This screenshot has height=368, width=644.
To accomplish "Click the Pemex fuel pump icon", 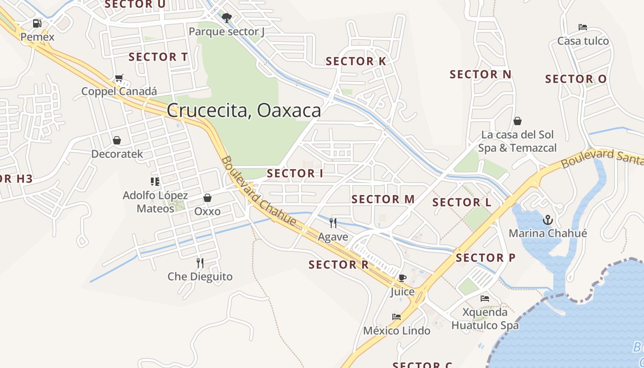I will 37,23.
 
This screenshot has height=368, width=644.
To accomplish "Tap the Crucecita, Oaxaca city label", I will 244,110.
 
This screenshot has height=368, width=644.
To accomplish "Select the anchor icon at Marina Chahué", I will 547,220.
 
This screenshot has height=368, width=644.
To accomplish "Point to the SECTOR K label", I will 356,61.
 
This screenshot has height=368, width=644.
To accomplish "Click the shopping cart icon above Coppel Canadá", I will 119,78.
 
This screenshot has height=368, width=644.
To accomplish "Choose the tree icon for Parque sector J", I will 226,18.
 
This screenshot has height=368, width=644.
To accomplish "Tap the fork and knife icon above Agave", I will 333,223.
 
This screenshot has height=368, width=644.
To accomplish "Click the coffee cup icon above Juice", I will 402,278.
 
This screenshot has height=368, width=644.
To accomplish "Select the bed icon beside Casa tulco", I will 583,27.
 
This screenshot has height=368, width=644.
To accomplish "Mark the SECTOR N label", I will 480,74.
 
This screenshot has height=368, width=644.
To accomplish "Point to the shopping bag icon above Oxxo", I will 207,198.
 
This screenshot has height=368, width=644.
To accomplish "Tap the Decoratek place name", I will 117,154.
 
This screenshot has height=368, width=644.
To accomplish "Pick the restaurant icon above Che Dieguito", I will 200,263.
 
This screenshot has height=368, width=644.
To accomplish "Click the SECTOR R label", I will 339,264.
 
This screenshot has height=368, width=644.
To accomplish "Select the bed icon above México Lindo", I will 396,317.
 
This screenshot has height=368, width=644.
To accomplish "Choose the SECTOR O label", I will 575,79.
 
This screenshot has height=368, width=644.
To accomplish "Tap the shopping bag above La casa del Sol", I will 517,121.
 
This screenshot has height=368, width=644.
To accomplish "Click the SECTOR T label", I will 158,57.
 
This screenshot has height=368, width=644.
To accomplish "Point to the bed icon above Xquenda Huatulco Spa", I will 485,299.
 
